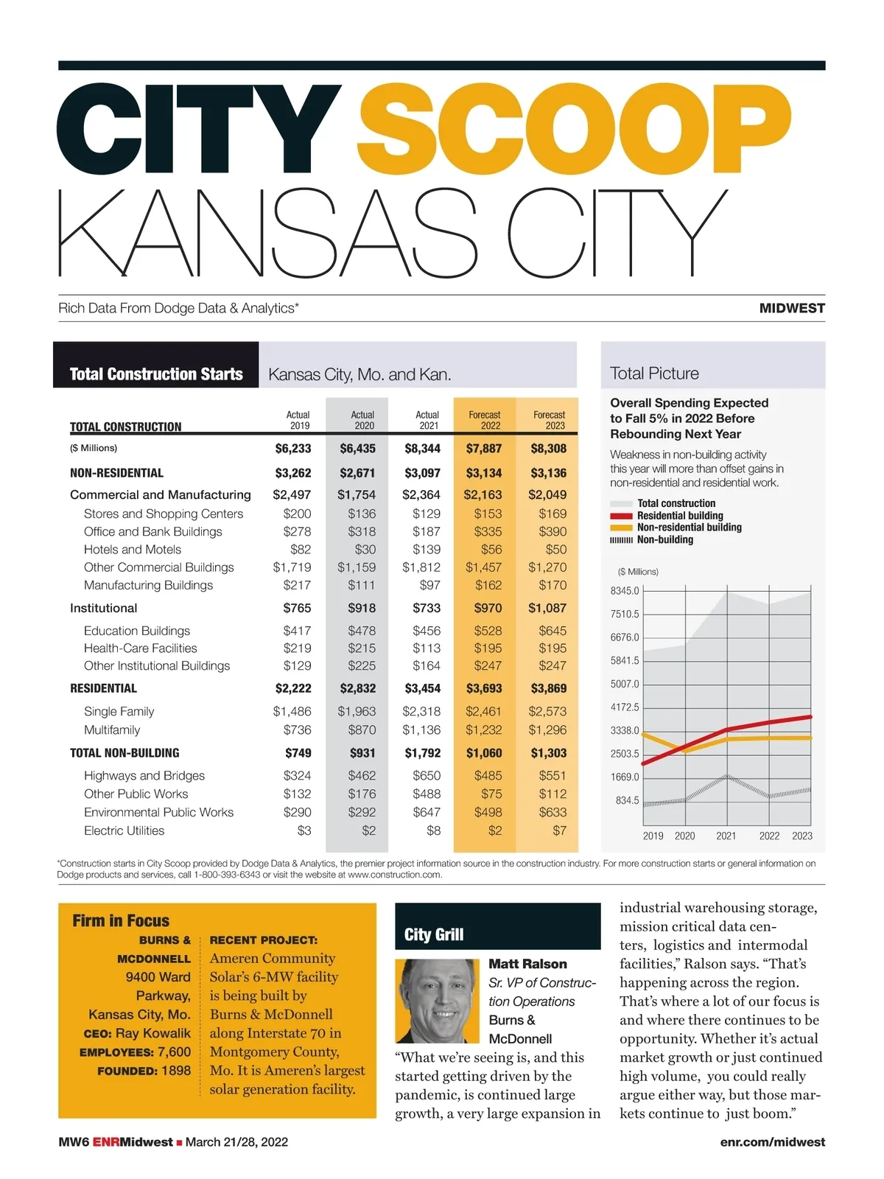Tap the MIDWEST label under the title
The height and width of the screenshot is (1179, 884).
pos(792,308)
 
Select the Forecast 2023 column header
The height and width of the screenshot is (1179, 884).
pos(549,420)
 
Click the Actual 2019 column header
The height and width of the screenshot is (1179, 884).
pos(298,420)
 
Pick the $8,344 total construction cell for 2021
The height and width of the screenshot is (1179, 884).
pos(422,448)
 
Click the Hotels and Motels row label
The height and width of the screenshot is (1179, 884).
pos(132,550)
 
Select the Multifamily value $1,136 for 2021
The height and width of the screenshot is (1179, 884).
pos(421,730)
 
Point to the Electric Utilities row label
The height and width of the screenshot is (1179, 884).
pos(124,830)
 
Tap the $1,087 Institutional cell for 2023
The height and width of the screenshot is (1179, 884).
pos(547,608)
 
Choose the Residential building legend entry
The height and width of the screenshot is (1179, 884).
pos(679,516)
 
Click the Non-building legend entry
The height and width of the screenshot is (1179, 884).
pos(664,539)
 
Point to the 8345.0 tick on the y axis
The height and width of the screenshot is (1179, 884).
pos(625,591)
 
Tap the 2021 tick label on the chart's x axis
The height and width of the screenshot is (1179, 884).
pos(726,836)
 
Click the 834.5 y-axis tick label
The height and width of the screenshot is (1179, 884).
pos(627,800)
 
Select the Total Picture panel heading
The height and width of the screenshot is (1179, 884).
pos(654,374)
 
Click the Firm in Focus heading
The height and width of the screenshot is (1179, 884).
pos(121,920)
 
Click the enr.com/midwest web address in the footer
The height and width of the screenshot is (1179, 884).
pos(772,1142)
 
